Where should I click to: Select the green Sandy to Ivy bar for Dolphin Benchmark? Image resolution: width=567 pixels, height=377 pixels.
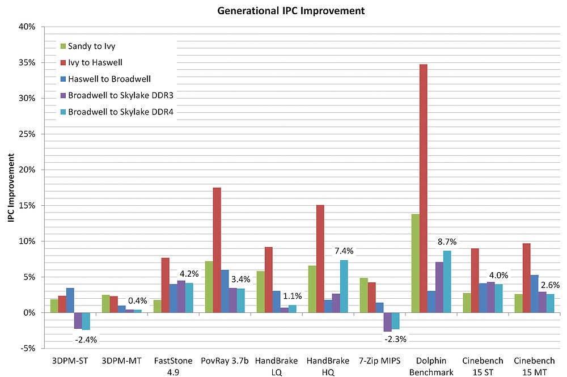click(x=415, y=263)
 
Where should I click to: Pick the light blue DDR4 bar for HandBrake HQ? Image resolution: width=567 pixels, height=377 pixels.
click(x=344, y=286)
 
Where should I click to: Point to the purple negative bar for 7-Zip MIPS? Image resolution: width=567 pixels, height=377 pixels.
click(x=387, y=321)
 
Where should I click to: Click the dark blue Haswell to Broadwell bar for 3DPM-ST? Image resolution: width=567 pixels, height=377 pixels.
click(x=70, y=300)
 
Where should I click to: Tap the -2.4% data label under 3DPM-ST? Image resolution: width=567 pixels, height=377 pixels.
click(x=86, y=340)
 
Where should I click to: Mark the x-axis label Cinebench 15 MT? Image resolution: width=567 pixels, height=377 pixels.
click(x=534, y=366)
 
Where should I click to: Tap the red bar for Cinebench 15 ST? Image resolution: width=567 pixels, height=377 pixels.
click(x=475, y=280)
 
